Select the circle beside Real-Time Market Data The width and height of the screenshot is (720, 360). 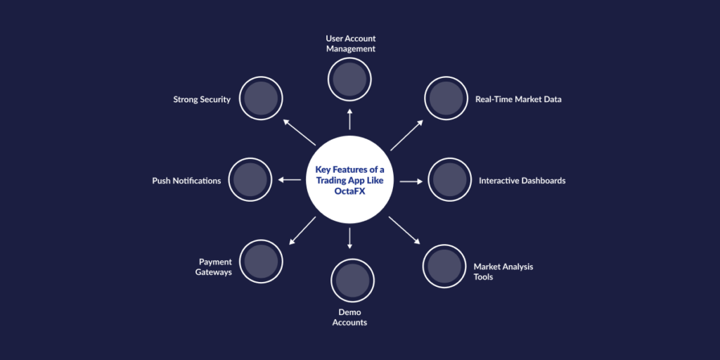tap(446, 99)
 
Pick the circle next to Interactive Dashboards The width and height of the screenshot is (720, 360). tap(450, 180)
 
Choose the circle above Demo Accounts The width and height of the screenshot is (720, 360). tap(352, 280)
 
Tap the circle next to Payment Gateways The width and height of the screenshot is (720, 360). tap(261, 262)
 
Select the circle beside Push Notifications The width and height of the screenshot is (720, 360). tap(251, 180)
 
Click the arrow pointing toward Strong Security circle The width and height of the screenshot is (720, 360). tap(299, 133)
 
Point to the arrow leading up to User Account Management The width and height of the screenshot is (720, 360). tap(349, 119)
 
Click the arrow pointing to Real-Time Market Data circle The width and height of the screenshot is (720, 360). tap(406, 134)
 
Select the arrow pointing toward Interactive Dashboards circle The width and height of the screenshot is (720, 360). tap(411, 181)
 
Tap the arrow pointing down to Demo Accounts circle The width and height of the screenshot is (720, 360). tap(349, 238)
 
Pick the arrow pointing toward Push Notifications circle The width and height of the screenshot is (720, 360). tap(290, 180)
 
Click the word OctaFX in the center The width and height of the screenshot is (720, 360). tap(349, 191)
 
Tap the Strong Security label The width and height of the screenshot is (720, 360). tap(202, 100)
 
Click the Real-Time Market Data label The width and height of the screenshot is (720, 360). tap(518, 100)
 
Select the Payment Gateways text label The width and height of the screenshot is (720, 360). tap(214, 267)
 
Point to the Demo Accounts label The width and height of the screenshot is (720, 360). tap(349, 317)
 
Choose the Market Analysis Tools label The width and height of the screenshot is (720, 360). tap(503, 271)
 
